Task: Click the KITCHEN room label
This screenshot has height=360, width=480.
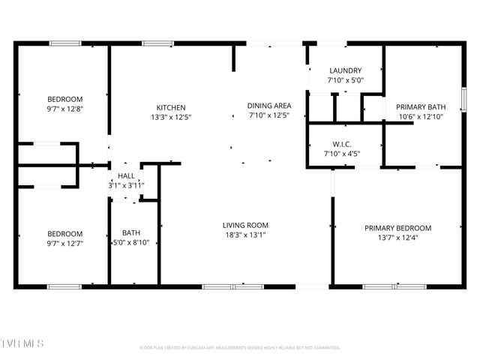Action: (x=170, y=107)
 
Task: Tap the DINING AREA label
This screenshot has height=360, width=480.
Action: (x=269, y=106)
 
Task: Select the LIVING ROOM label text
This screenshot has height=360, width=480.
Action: (x=245, y=225)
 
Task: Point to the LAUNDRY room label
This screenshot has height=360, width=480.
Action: (x=344, y=70)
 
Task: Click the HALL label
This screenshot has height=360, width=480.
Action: (x=126, y=175)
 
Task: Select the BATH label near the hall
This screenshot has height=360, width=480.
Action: (x=130, y=233)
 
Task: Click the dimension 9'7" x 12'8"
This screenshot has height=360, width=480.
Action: (x=64, y=108)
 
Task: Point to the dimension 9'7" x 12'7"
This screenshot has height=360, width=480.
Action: (x=64, y=242)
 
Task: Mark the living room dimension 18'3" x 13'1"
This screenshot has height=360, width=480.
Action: (x=245, y=234)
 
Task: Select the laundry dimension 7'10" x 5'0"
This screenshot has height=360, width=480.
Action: (x=344, y=79)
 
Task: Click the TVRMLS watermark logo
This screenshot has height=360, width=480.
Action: (x=22, y=343)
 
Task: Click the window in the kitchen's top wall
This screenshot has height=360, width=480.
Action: (x=158, y=43)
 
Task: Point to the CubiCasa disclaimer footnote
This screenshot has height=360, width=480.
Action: (x=240, y=348)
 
